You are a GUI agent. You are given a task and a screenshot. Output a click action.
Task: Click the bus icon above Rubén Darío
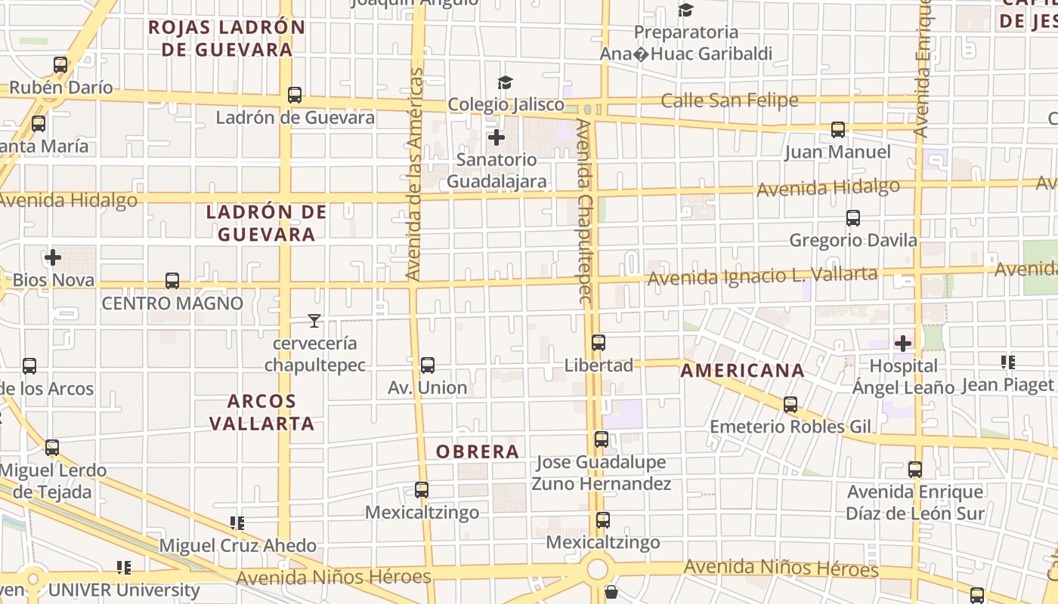(60, 65)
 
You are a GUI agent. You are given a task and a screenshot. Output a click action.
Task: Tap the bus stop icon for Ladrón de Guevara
(295, 95)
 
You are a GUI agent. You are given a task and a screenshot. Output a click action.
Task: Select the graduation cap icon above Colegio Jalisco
(505, 82)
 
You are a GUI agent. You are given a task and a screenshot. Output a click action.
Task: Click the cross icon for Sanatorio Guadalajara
(497, 137)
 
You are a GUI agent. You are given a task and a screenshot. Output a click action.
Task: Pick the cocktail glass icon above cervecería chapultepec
(314, 321)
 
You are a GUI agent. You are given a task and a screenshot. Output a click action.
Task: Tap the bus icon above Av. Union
(428, 365)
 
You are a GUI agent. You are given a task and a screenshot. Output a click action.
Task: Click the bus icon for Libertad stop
(599, 343)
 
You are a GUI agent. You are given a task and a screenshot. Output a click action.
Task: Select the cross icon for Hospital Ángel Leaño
(902, 344)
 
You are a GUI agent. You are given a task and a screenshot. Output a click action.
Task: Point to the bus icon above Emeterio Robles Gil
(790, 405)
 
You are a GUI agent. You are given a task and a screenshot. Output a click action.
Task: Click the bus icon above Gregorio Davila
(853, 218)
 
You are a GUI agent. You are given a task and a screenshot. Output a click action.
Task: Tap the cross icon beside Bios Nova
(53, 258)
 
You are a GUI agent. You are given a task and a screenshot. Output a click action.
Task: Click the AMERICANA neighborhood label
(742, 371)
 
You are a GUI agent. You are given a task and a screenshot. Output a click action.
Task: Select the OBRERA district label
(478, 451)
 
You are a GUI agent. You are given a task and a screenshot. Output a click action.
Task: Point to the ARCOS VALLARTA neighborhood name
(261, 411)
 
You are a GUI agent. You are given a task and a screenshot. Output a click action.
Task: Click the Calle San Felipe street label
(729, 100)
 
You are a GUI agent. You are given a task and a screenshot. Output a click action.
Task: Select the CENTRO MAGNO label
(172, 304)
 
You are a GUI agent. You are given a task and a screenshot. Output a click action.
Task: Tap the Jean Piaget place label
(1007, 386)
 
